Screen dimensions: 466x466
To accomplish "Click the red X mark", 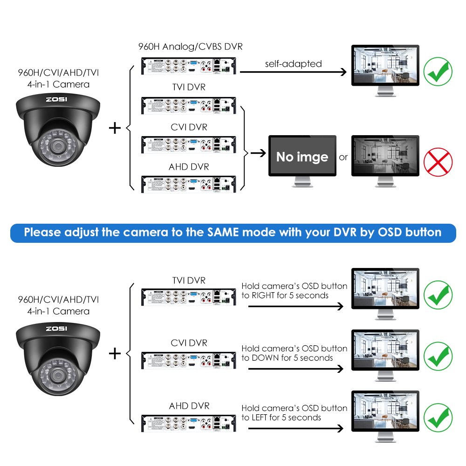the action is (438, 162).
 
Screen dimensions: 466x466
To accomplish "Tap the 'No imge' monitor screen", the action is (302, 156).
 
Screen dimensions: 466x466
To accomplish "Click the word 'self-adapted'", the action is (294, 63).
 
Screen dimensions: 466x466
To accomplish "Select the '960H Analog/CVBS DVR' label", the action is (190, 47).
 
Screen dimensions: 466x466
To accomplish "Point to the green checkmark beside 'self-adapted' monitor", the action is (438, 71).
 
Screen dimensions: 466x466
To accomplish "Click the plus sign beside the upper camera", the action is (115, 127).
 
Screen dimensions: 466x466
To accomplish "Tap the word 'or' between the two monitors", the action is (343, 157).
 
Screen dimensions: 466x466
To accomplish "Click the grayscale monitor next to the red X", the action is (385, 156).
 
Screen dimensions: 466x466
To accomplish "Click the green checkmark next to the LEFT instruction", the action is (438, 417).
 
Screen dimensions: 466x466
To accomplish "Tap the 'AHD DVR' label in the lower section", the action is (189, 406).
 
